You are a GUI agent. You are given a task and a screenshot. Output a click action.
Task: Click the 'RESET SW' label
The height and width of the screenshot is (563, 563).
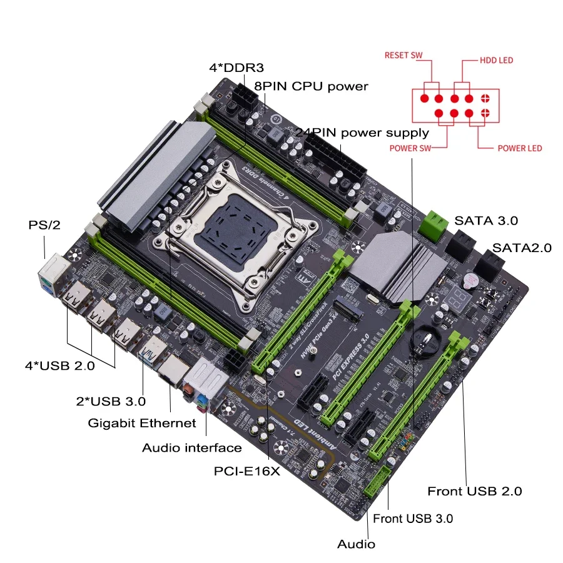tap(403, 56)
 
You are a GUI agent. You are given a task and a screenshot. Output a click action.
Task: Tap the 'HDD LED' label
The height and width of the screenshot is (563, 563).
tap(496, 60)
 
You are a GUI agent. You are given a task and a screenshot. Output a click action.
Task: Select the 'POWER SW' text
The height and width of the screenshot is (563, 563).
tap(410, 148)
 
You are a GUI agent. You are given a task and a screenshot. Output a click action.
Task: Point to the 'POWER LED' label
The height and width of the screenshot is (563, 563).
tap(519, 148)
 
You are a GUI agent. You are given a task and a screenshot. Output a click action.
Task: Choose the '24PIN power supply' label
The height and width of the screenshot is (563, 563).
tap(362, 133)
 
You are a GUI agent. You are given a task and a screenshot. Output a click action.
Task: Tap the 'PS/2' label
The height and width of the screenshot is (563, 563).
tap(44, 225)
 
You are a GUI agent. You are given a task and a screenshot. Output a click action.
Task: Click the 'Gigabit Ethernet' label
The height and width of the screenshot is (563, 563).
tap(141, 424)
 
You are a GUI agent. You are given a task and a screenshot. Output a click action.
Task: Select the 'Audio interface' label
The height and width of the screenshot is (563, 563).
tap(191, 448)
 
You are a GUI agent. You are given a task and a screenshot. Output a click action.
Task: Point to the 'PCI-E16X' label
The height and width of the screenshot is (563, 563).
tap(246, 472)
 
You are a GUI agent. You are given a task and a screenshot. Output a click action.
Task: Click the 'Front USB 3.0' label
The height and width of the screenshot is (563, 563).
tap(413, 519)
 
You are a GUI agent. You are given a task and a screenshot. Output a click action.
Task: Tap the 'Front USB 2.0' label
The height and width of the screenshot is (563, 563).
tap(474, 492)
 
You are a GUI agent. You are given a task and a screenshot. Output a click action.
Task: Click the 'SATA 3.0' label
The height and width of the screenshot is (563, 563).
tap(486, 220)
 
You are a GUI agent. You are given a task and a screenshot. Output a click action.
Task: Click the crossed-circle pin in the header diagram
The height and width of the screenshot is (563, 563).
tap(485, 98)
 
